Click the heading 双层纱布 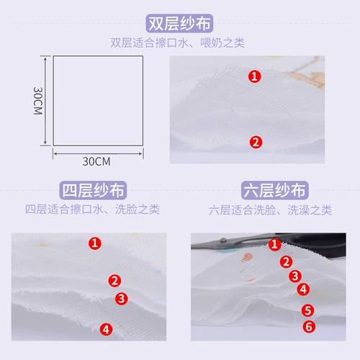click(x=179, y=23)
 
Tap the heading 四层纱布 click(x=93, y=190)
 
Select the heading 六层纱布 click(x=275, y=190)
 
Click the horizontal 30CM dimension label click(x=96, y=161)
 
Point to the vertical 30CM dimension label click(x=38, y=101)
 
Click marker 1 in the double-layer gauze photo click(x=255, y=76)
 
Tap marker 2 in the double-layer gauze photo click(x=256, y=142)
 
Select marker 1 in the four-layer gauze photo click(x=95, y=243)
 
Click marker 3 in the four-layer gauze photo click(x=122, y=299)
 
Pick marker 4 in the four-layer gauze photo click(x=106, y=330)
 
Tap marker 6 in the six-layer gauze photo click(x=309, y=327)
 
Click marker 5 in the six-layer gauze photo click(x=308, y=310)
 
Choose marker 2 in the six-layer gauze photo click(x=286, y=261)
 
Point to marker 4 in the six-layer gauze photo click(x=303, y=289)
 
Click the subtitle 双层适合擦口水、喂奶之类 click(x=177, y=43)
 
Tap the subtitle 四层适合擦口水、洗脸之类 click(x=92, y=210)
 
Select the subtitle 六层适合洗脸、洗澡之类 click(x=270, y=210)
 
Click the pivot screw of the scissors click(x=224, y=240)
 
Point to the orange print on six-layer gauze click(x=247, y=258)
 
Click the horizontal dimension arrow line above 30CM click(x=98, y=153)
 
